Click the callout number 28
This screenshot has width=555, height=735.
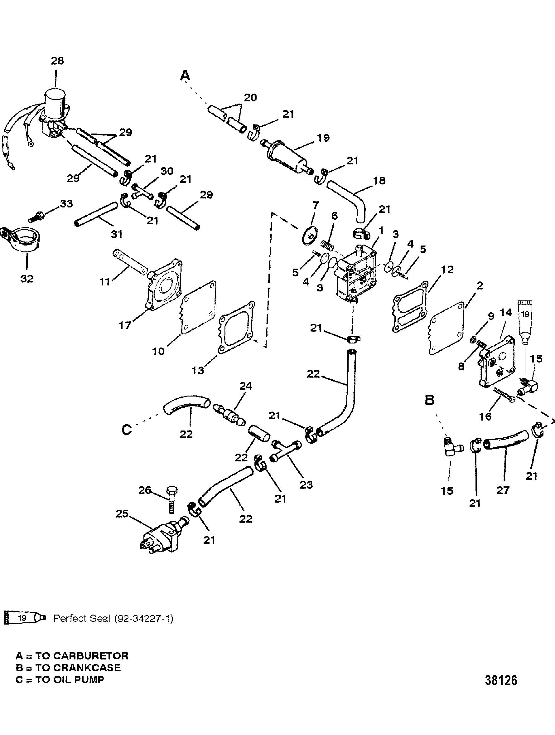(x=57, y=61)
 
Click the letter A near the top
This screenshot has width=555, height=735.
(x=185, y=76)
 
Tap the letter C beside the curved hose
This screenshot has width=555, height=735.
(x=127, y=430)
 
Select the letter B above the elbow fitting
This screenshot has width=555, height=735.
(x=429, y=400)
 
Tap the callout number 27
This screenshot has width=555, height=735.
(x=503, y=490)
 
